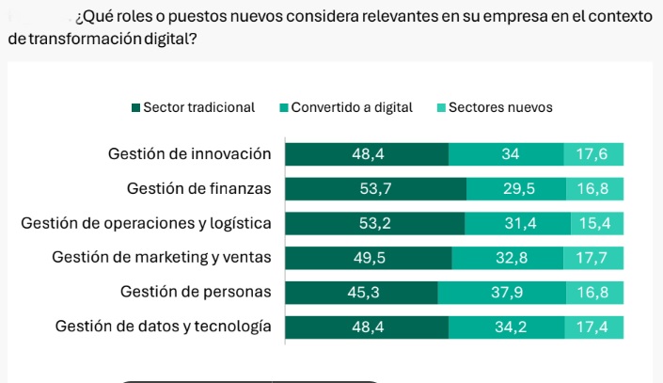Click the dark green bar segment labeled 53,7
[x=375, y=189]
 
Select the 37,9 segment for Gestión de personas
[x=506, y=293]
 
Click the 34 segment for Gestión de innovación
[x=509, y=154]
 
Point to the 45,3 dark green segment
[x=362, y=293]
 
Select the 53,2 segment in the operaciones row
[x=374, y=224]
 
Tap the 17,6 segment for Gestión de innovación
[x=593, y=154]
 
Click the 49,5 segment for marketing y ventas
[x=368, y=258]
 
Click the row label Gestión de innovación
[x=189, y=154]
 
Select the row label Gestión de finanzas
[x=198, y=189]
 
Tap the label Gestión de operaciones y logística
[x=146, y=224]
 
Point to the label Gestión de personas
[x=196, y=293]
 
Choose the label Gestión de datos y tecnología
[x=163, y=327]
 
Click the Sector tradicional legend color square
[x=136, y=108]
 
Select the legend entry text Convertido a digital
[x=352, y=107]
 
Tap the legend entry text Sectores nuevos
[x=500, y=107]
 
